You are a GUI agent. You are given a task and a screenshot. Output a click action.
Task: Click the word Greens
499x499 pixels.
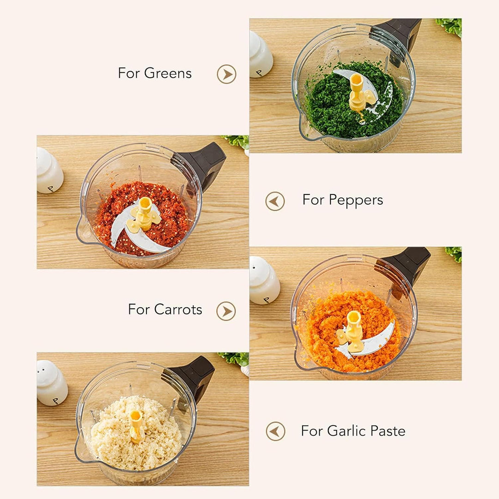click(x=168, y=73)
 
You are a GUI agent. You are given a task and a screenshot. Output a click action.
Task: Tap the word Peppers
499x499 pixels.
click(x=356, y=201)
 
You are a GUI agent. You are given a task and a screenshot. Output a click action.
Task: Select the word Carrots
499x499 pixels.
click(x=178, y=309)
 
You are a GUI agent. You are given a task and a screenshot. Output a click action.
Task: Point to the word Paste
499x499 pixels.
click(x=388, y=431)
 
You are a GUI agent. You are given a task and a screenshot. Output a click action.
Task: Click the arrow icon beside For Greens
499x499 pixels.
click(x=226, y=74)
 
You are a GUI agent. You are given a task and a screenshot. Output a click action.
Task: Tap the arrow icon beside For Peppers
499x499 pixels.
click(x=275, y=201)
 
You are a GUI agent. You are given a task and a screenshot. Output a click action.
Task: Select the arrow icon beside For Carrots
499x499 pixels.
click(x=226, y=311)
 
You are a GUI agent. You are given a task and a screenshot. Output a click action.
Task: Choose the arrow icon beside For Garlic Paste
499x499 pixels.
click(x=275, y=431)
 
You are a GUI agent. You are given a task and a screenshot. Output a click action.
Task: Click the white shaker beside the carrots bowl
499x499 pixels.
click(x=264, y=280)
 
